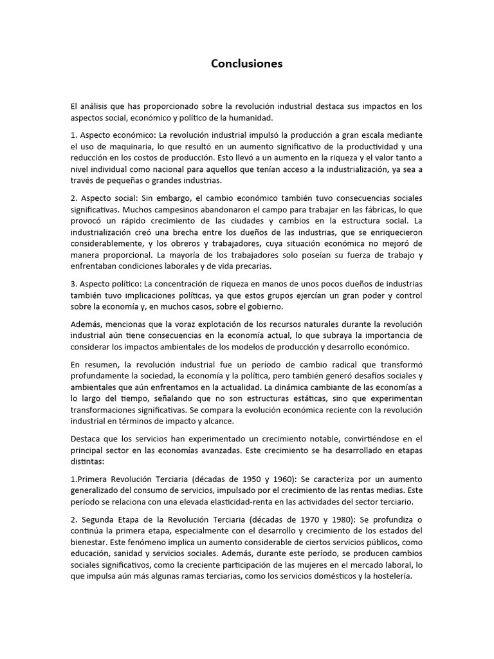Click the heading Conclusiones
pyautogui.click(x=247, y=64)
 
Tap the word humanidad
pyautogui.click(x=236, y=118)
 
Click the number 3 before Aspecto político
pyautogui.click(x=73, y=284)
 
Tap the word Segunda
pyautogui.click(x=98, y=520)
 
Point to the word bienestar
pyautogui.click(x=90, y=543)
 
